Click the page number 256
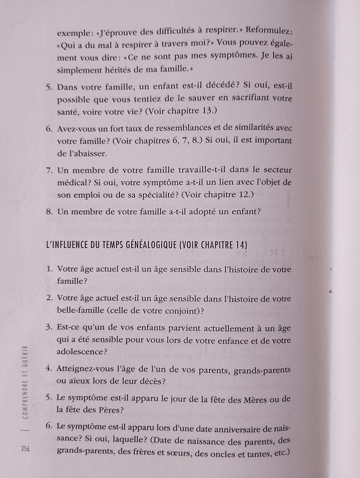pyautogui.click(x=25, y=449)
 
